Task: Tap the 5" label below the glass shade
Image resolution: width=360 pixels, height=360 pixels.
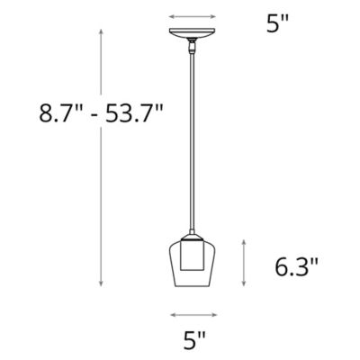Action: (x=194, y=340)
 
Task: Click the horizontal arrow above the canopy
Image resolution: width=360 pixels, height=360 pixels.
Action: (x=193, y=15)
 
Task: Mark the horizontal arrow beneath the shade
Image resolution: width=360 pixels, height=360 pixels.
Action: (x=193, y=314)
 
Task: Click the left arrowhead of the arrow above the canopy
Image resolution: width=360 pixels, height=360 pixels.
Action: (x=172, y=15)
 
